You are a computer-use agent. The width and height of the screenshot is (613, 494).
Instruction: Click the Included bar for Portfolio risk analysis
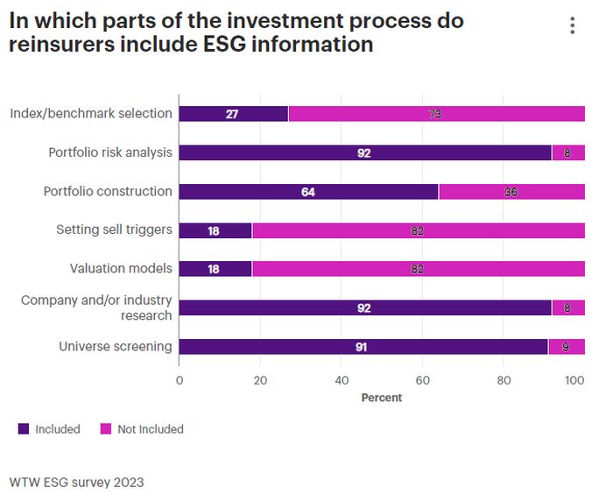[x=365, y=152]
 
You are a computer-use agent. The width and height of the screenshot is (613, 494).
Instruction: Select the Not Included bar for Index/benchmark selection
[x=436, y=114]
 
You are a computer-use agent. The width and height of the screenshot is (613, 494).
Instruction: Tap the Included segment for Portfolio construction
[x=308, y=192]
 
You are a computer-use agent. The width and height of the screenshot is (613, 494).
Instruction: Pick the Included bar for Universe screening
[x=363, y=347]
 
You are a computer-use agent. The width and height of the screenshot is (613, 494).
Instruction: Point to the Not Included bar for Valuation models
[x=418, y=269]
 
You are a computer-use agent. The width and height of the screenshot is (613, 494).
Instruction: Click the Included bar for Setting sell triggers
[x=215, y=230]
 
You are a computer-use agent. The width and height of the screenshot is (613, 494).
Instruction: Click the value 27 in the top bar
[x=232, y=114]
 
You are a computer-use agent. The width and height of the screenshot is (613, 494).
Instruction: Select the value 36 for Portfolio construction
[x=511, y=192]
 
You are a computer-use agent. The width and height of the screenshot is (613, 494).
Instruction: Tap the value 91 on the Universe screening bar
[x=361, y=347]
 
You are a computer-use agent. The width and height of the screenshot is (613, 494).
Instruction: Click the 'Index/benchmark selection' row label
[x=91, y=113]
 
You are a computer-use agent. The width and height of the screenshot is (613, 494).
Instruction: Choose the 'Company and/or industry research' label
[x=96, y=307]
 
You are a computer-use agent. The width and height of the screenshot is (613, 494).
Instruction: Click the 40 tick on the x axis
[x=342, y=380]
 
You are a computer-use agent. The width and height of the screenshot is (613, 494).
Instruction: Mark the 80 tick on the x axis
[x=504, y=380]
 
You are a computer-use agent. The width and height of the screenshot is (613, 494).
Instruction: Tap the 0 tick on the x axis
[x=180, y=380]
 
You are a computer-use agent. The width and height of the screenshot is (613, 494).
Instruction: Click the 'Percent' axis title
[x=382, y=398]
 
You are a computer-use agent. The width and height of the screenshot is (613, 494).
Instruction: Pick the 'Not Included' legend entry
[x=142, y=429]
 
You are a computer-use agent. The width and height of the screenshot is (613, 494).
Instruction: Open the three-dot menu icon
[x=573, y=25]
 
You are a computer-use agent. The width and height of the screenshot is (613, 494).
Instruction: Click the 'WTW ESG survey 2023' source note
[x=76, y=482]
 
